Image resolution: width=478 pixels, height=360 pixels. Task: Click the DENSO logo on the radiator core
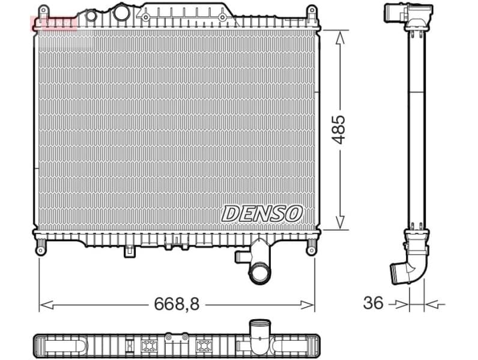262,213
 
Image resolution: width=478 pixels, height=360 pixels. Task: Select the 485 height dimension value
339,128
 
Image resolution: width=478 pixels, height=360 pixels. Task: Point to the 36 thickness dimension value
373,304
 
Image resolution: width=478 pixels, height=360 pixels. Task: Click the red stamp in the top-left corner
55,23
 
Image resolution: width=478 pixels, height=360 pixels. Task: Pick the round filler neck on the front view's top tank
122,12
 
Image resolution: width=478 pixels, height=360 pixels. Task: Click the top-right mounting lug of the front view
312,13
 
